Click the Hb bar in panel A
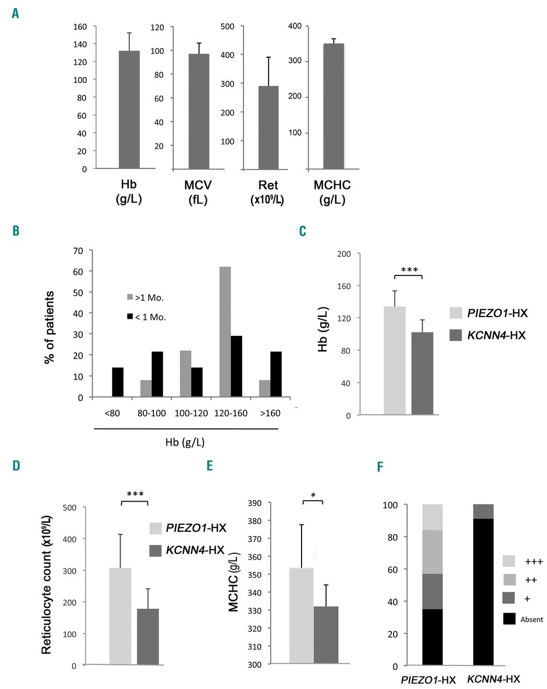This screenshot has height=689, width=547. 129,110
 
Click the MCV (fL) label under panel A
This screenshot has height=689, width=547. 198,192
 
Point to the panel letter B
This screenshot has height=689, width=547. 16,231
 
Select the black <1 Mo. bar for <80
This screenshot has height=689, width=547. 117,382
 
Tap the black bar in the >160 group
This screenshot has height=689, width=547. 276,374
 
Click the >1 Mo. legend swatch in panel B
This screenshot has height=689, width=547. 130,297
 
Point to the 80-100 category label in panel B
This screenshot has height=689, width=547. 152,413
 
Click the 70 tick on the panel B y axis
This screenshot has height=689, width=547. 79,251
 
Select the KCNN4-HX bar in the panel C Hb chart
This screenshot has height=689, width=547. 422,374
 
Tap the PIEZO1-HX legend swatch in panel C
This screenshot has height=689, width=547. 455,313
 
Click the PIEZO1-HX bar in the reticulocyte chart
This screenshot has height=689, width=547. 120,616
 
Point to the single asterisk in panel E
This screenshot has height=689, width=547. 313,495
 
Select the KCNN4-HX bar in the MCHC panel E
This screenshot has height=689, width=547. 326,635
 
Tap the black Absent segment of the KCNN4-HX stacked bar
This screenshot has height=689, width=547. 483,592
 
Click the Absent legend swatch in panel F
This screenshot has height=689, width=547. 509,619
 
